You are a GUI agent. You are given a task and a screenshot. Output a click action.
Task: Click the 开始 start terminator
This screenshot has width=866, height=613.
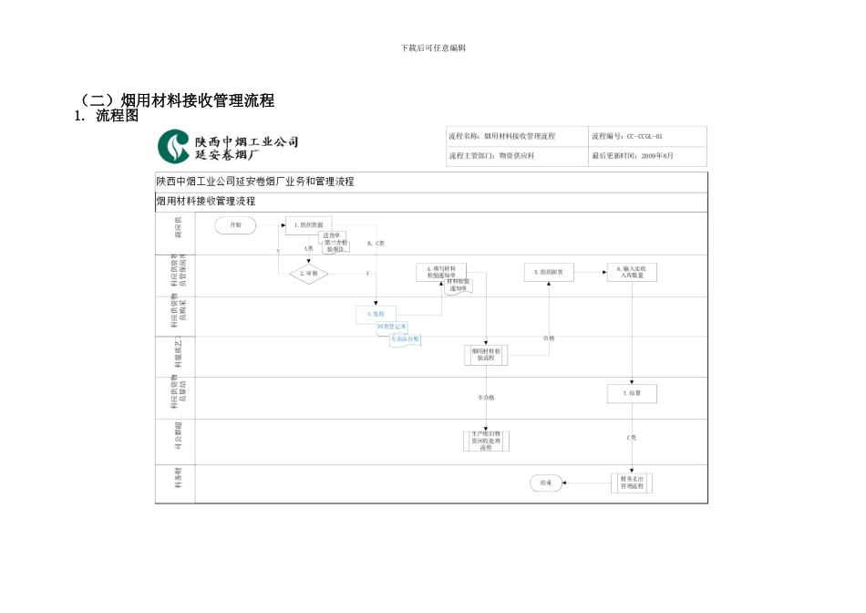[x=236, y=224]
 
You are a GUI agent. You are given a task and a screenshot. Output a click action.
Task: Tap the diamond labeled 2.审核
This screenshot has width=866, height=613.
[x=307, y=272]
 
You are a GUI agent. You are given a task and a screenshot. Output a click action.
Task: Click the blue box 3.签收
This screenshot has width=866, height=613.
[x=376, y=314]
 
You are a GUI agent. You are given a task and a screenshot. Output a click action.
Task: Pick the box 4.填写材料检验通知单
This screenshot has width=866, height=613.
[x=441, y=272]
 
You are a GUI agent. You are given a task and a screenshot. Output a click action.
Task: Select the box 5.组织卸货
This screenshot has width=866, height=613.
[x=549, y=272]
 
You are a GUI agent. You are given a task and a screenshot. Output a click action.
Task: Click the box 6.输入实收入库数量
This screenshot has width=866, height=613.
[x=632, y=272]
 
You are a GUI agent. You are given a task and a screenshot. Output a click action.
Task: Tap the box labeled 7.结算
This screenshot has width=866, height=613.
[x=632, y=393]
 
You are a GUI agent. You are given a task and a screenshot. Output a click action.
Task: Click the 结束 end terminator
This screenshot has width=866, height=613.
[x=546, y=482]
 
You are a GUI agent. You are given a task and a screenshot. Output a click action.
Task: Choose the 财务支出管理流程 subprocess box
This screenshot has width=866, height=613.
[x=632, y=482]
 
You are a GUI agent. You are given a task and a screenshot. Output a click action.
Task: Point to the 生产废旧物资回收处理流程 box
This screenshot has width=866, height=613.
[x=485, y=442]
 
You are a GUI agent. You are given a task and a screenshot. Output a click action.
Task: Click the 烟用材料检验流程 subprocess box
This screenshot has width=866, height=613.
[x=485, y=354]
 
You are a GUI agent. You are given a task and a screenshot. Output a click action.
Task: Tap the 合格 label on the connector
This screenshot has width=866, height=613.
[x=548, y=338]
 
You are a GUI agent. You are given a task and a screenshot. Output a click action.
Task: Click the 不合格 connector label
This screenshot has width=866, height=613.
[x=485, y=398]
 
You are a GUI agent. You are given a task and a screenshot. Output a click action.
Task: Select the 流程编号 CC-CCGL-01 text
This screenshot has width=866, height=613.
[x=626, y=136]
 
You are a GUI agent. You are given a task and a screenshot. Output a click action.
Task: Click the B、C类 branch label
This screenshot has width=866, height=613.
[x=376, y=244]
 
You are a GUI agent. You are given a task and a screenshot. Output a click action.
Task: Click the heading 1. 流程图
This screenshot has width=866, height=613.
[x=107, y=117]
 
